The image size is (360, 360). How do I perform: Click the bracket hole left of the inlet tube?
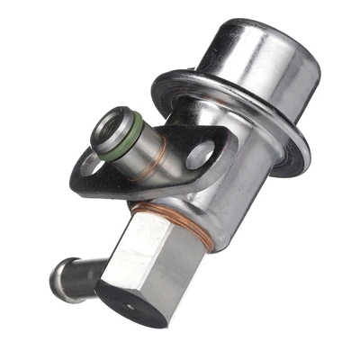point(89,164)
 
